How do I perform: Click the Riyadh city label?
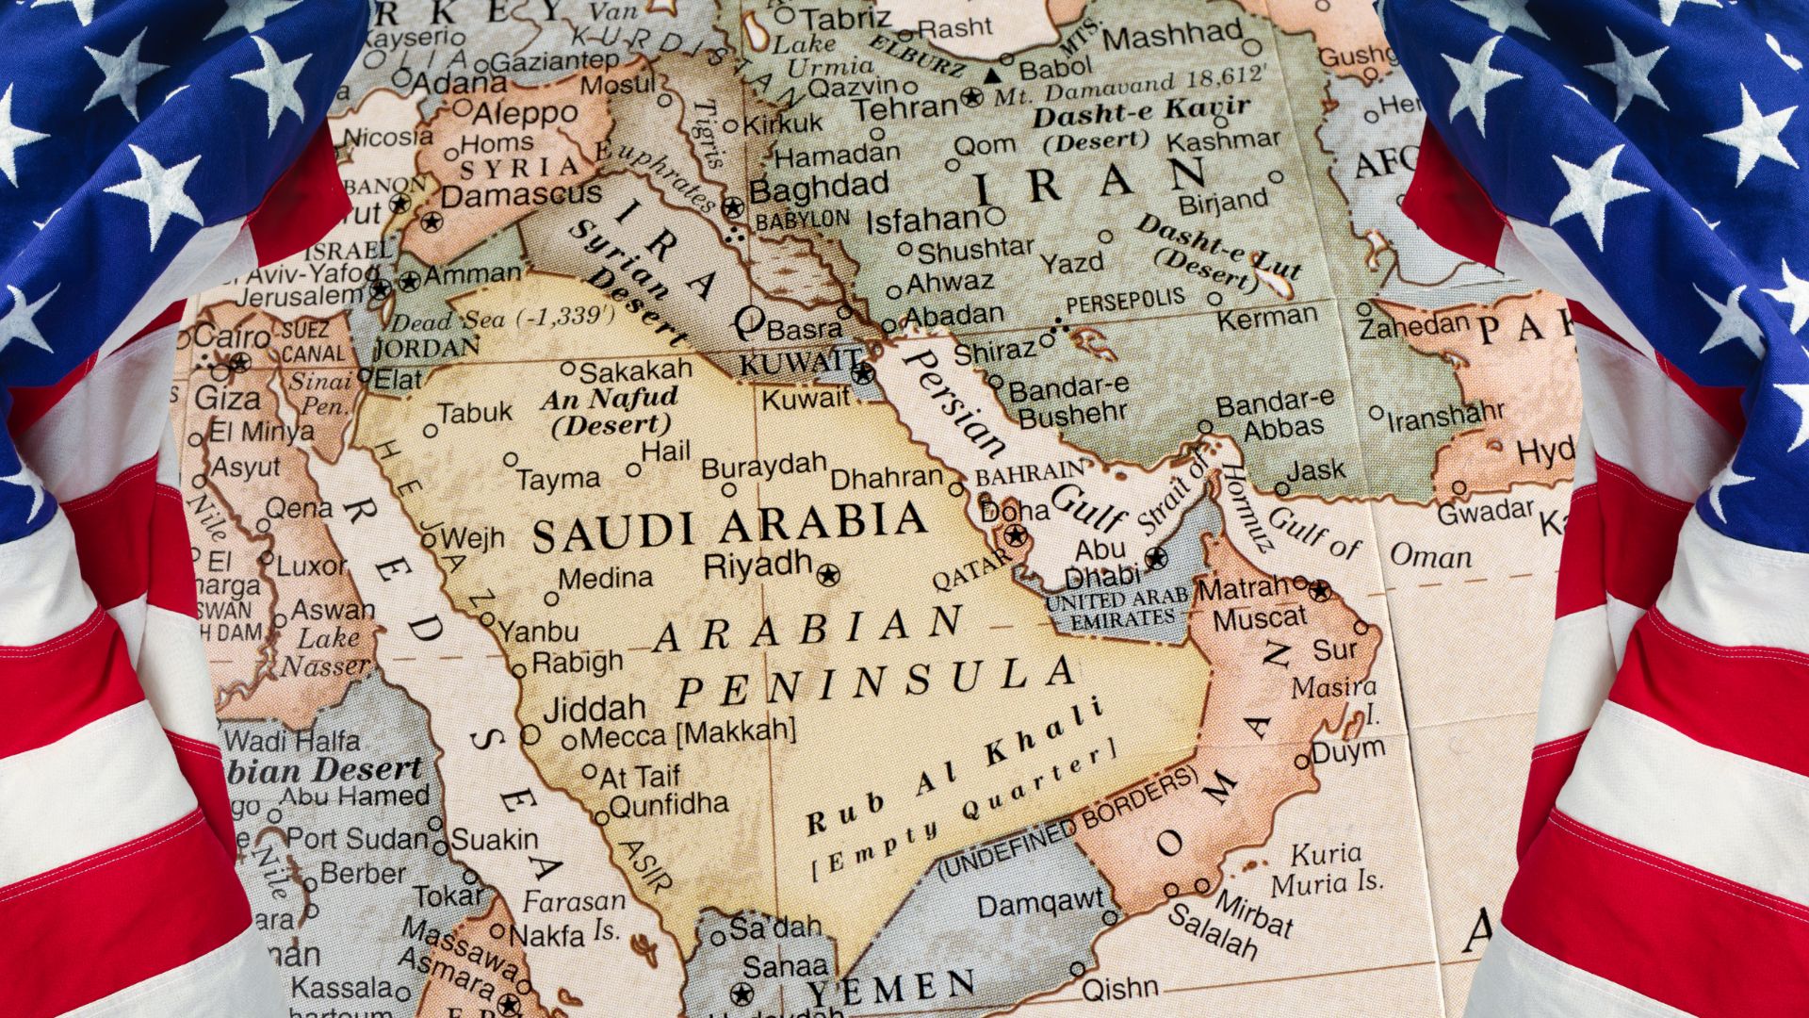pos(758,566)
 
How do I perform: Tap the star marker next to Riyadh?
pos(828,574)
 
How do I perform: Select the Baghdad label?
pos(818,188)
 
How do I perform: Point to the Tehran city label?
pos(905,107)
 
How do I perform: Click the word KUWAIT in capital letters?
pos(799,363)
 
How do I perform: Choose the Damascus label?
pos(520,196)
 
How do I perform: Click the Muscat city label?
pos(1260,619)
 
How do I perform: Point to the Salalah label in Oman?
pos(1213,929)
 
